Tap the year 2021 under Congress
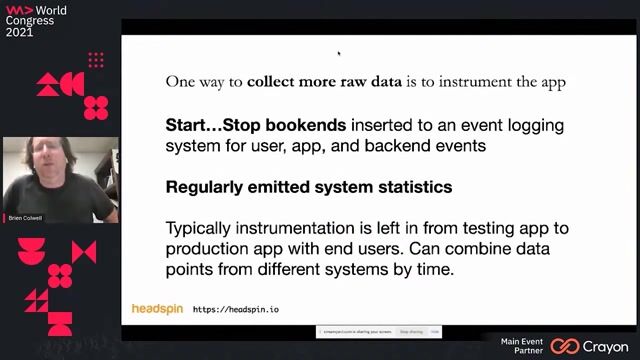[x=20, y=32]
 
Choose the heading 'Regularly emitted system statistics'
[x=308, y=187]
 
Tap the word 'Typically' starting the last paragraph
[x=202, y=227]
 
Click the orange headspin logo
[x=157, y=309]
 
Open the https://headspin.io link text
[x=236, y=310]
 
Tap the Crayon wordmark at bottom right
[x=606, y=346]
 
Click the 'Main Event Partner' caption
[x=522, y=346]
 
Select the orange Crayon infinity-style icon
[x=565, y=346]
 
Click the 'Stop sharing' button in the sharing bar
[x=411, y=330]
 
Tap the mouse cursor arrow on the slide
[x=339, y=54]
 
